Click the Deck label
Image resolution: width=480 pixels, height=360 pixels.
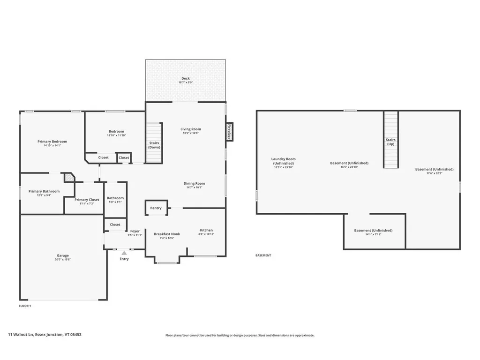pyautogui.click(x=186, y=78)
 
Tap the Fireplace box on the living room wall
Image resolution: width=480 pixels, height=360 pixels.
pyautogui.click(x=229, y=132)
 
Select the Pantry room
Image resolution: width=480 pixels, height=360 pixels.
pyautogui.click(x=156, y=208)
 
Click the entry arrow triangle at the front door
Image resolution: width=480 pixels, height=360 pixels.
pyautogui.click(x=124, y=253)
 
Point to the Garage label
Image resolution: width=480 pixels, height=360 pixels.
pyautogui.click(x=63, y=255)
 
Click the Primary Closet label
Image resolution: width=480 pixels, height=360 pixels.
pyautogui.click(x=87, y=200)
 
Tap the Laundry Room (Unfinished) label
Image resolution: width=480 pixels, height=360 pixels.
pyautogui.click(x=283, y=161)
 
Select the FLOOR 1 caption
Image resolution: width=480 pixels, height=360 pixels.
pyautogui.click(x=25, y=306)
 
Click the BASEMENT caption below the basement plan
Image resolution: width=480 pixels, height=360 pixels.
pyautogui.click(x=263, y=255)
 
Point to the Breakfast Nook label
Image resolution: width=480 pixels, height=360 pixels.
pyautogui.click(x=167, y=234)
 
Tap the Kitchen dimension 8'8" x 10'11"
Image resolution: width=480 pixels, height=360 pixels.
pyautogui.click(x=206, y=234)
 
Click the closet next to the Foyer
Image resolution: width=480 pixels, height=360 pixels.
pyautogui.click(x=115, y=225)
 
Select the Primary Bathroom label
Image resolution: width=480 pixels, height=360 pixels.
pyautogui.click(x=44, y=191)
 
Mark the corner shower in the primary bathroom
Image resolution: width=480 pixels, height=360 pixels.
pyautogui.click(x=69, y=177)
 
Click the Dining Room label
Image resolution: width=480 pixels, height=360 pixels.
pyautogui.click(x=194, y=183)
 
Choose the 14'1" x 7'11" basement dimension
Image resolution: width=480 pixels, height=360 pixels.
pyautogui.click(x=373, y=234)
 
